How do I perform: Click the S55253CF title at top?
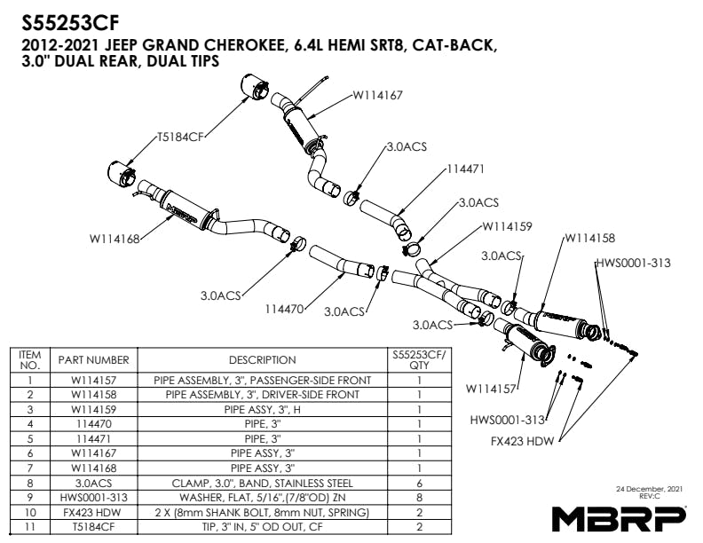click(71, 21)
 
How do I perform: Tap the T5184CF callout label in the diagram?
click(180, 138)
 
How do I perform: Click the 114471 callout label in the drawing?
click(465, 168)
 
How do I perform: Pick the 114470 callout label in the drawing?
click(284, 310)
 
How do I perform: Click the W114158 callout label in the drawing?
click(589, 238)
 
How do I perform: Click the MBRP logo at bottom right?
click(619, 516)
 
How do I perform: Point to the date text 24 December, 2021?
click(648, 489)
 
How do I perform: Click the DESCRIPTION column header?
click(262, 360)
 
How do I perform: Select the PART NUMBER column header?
click(94, 360)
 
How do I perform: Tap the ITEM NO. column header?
click(30, 360)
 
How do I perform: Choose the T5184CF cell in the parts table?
click(94, 527)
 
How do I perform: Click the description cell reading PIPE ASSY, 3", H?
click(262, 410)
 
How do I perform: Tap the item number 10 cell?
click(30, 513)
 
